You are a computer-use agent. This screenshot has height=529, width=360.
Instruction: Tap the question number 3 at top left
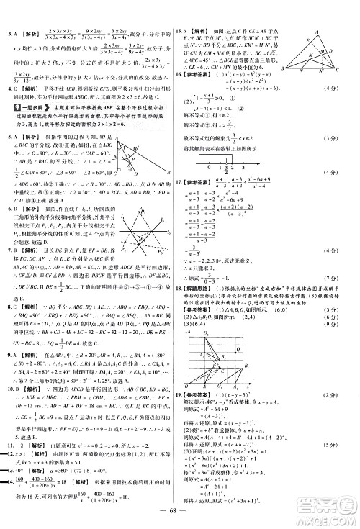(x=7, y=33)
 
